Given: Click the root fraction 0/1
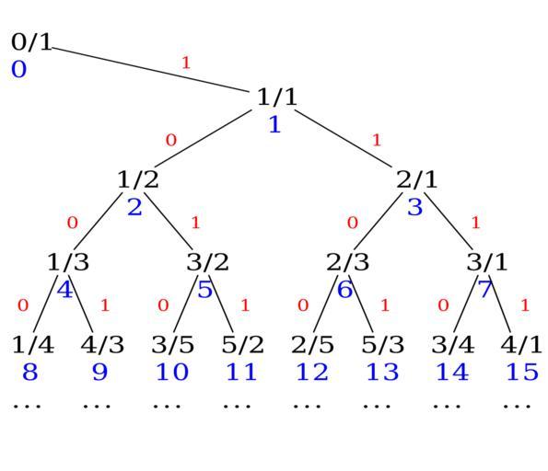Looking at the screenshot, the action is coord(31,42).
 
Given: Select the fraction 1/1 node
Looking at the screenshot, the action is coord(277,97).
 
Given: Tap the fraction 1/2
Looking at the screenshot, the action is coord(138,179).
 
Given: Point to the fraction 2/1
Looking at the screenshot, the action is coord(416,179).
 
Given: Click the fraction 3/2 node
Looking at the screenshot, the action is coord(207,262).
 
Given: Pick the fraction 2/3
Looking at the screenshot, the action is coord(347,262).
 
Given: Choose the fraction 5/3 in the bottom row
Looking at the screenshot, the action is coord(383,345).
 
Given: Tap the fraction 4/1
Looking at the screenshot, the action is coord(521,345).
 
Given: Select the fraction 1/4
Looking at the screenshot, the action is coord(33,345).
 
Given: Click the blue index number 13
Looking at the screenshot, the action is coord(382,372).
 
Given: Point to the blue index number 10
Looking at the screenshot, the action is coord(172,372).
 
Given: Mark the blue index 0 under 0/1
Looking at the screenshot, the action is coord(18,69).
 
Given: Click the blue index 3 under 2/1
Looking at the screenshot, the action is coord(415,207).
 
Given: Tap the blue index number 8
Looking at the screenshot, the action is coord(30,372).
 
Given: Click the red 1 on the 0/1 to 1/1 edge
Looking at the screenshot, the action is coord(186,63).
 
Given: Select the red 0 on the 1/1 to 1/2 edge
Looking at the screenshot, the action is coord(171,141).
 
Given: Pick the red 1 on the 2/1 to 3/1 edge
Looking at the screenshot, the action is coord(475,223).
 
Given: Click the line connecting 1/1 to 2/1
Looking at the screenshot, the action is coord(344,139).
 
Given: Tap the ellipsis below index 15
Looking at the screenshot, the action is coord(517,406).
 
